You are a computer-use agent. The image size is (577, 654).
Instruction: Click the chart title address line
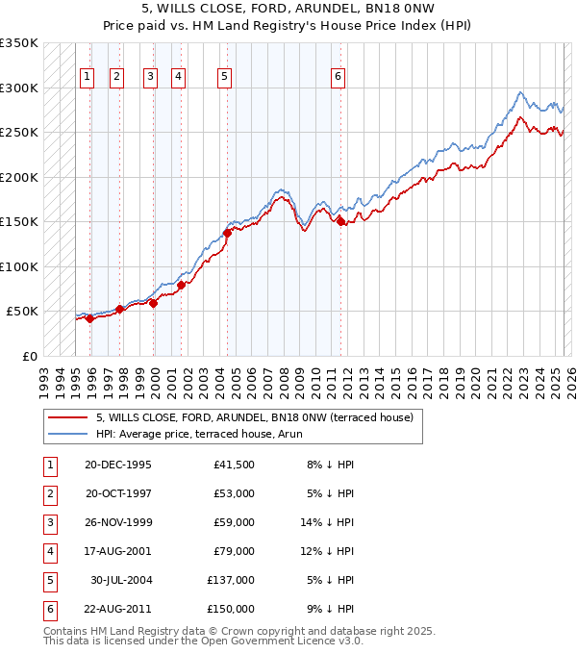[x=288, y=9]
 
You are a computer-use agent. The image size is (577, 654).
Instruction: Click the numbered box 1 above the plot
[x=88, y=78]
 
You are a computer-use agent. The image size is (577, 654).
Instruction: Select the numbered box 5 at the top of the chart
[x=224, y=78]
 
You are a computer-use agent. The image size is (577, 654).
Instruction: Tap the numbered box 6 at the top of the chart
[x=339, y=78]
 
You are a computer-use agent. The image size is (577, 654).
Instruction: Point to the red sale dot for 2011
[x=341, y=222]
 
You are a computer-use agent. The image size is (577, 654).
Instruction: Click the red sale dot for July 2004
[x=228, y=233]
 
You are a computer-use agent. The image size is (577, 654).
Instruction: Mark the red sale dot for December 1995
[x=90, y=319]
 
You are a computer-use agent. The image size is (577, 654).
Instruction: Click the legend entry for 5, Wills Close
[x=254, y=417]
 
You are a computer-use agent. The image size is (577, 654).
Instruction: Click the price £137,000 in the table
[x=231, y=580]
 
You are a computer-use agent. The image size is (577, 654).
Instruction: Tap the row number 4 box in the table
[x=48, y=551]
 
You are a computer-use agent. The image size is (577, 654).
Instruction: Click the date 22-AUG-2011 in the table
[x=118, y=609]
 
